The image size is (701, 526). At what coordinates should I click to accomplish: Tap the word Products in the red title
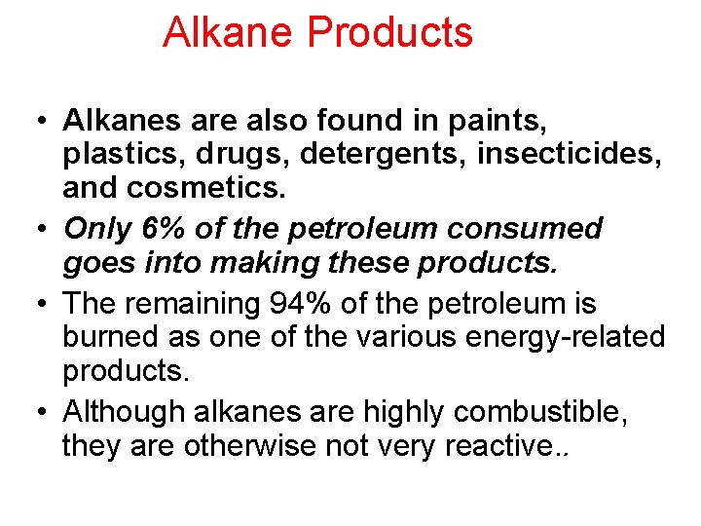click(x=389, y=32)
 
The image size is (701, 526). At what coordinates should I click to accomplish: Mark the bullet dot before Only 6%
click(x=44, y=230)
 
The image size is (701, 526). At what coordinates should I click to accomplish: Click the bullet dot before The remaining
click(x=44, y=304)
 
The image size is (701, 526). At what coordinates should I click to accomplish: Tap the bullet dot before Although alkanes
click(x=44, y=412)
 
